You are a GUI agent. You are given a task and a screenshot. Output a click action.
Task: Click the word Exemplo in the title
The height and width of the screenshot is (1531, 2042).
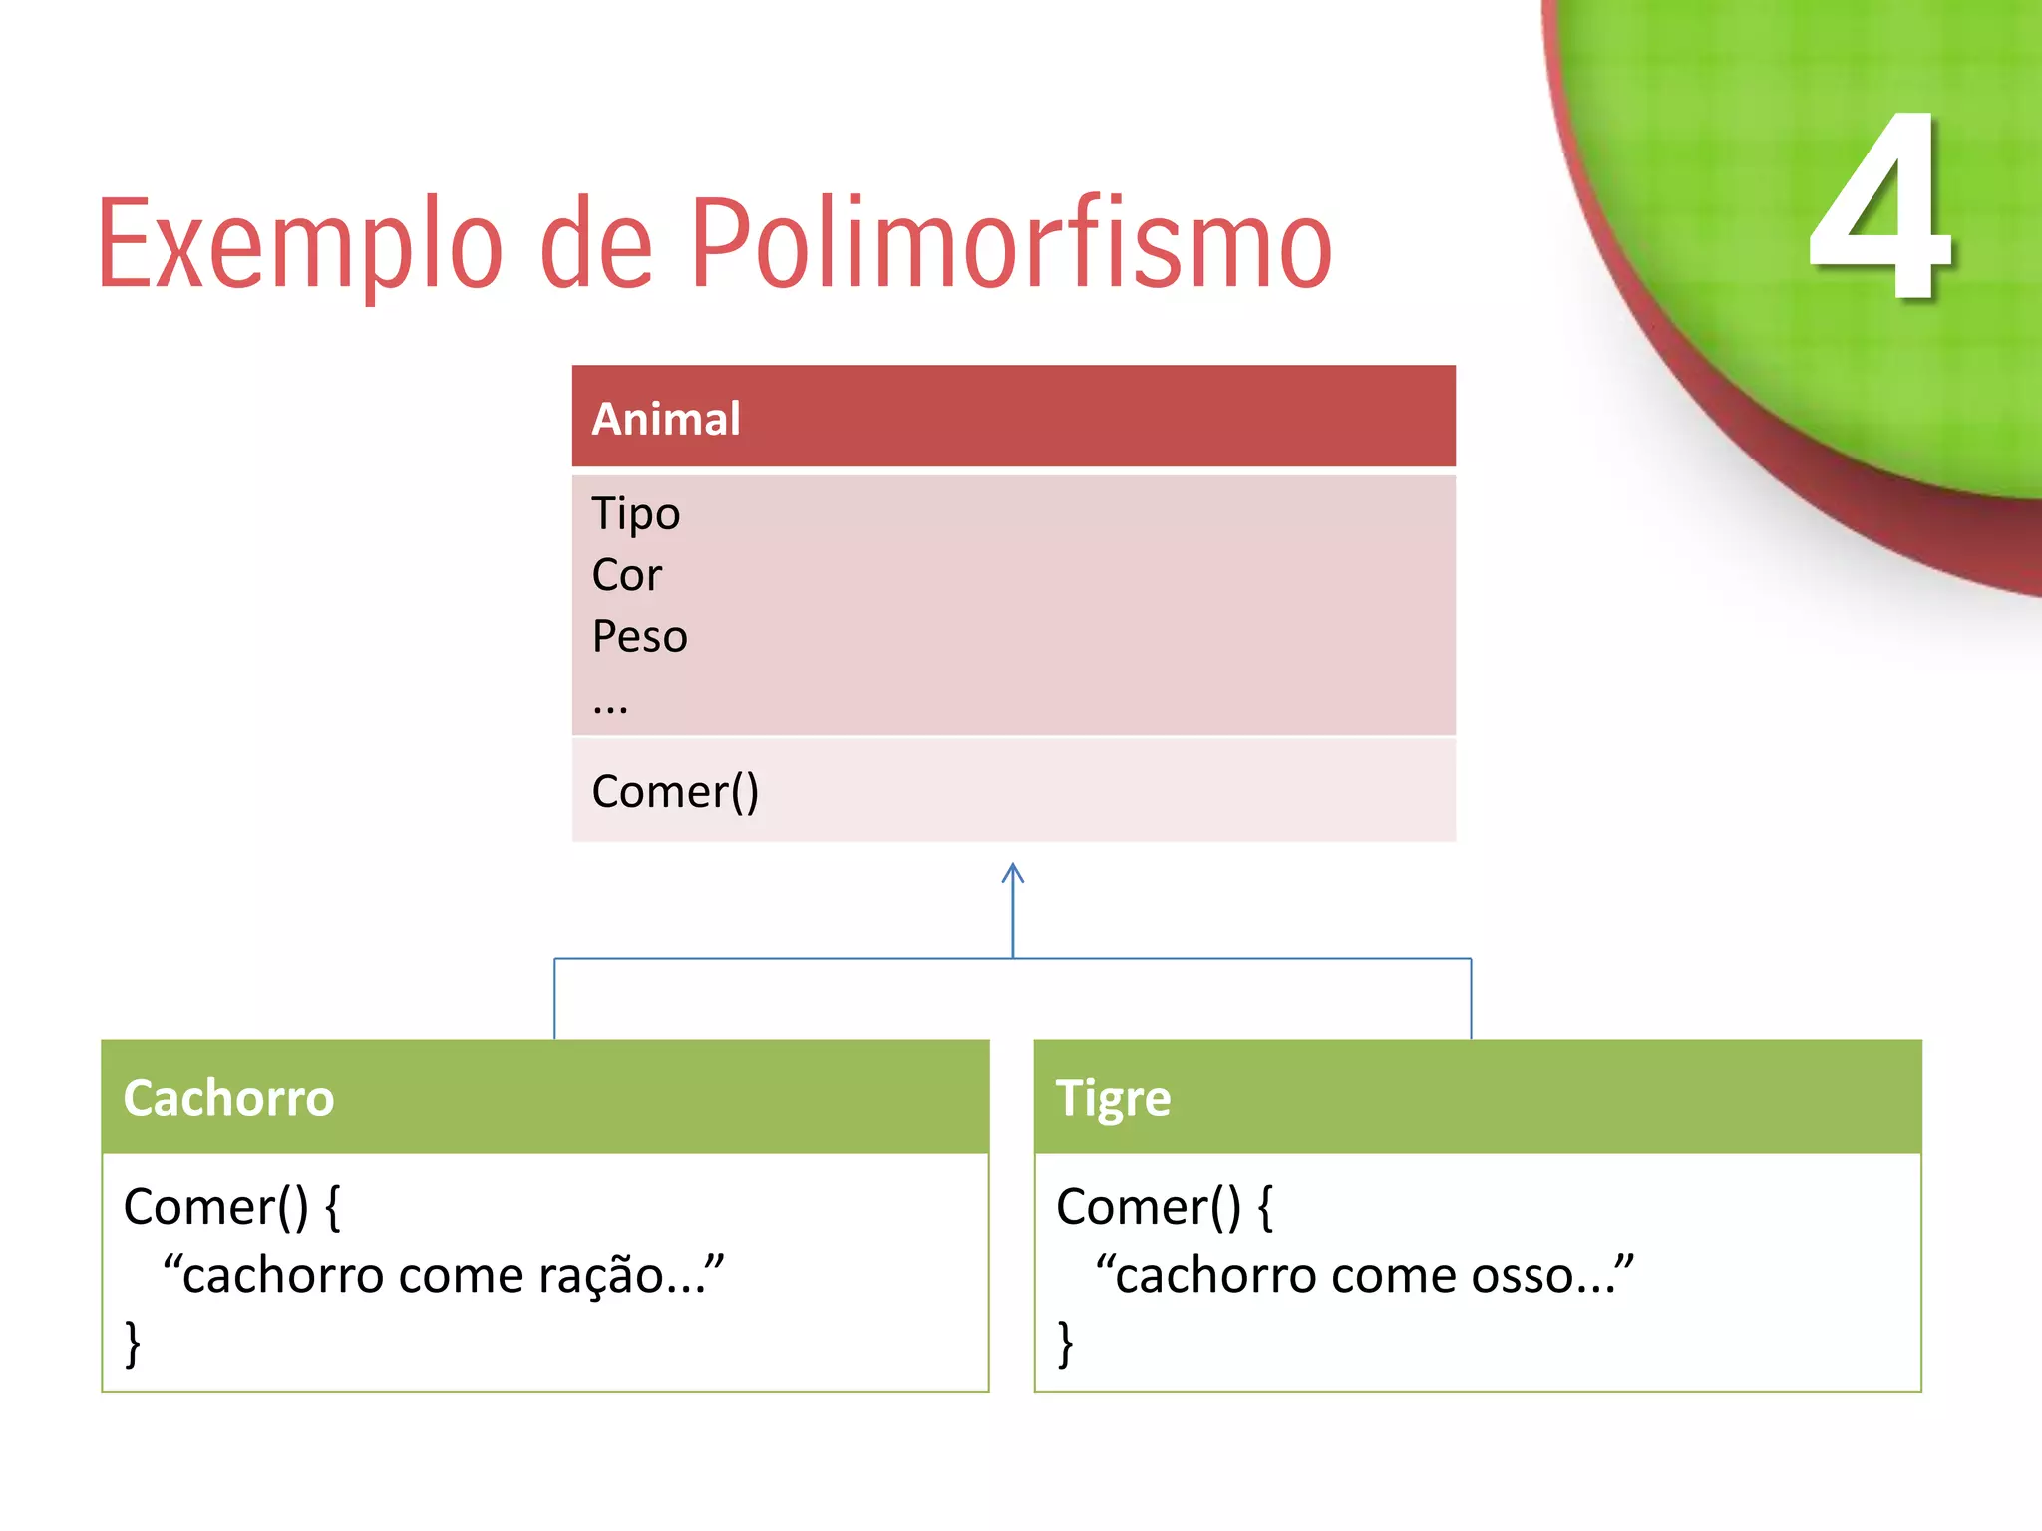299,244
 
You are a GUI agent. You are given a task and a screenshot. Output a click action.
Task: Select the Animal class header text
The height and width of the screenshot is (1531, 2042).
666,419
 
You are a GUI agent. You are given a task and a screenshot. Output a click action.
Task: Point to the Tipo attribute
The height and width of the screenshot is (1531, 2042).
635,514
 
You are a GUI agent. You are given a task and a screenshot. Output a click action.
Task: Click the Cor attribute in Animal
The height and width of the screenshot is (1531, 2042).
626,575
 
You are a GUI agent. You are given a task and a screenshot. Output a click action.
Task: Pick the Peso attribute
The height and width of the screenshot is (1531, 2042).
639,636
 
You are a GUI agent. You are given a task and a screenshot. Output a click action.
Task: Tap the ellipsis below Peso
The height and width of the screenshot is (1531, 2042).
609,706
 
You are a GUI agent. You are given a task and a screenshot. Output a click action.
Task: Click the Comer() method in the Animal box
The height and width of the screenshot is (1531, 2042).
675,791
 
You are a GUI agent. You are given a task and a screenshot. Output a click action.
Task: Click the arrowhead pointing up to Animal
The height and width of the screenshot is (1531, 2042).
1013,873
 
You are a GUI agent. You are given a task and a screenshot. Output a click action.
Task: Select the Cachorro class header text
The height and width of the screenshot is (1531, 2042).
228,1098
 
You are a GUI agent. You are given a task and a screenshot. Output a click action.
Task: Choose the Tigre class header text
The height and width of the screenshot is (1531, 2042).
1113,1098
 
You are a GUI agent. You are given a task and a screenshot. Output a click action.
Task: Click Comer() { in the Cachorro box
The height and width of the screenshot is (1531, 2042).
231,1207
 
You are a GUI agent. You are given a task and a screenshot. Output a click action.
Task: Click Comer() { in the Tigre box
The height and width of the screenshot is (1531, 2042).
1165,1207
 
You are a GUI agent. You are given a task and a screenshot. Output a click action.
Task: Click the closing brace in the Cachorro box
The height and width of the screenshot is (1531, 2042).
133,1343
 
